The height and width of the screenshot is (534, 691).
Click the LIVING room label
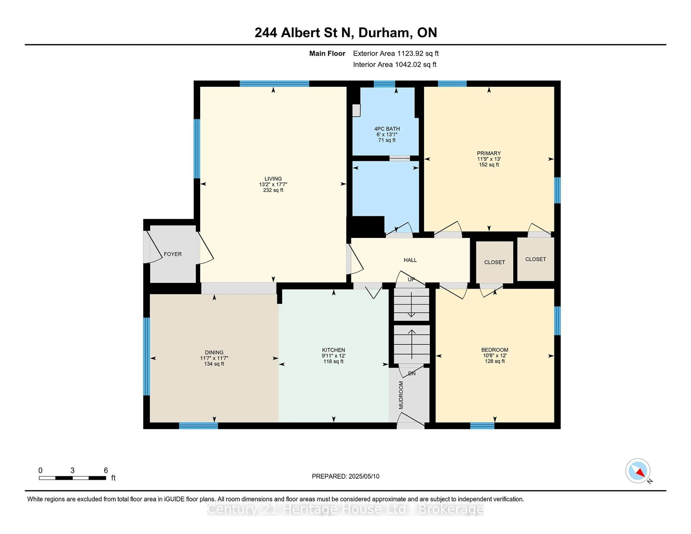point(273,179)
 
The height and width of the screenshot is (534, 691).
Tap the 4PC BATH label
point(387,129)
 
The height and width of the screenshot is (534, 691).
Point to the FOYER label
point(173,254)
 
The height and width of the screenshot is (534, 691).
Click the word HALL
point(410,260)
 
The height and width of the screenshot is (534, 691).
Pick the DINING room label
point(214,352)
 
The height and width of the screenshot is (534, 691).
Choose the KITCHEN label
point(333,350)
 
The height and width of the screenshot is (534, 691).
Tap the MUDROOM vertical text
point(401,395)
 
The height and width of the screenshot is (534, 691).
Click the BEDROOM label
point(495,350)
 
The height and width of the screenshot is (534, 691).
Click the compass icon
point(638,471)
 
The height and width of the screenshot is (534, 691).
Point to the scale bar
point(73,478)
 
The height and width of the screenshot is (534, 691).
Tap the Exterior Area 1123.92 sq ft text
point(396,53)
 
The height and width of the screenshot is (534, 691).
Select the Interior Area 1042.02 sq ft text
point(395,65)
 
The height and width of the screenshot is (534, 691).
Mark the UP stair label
point(411,279)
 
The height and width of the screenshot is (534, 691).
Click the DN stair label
point(412,374)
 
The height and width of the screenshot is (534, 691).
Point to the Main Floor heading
point(327,53)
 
